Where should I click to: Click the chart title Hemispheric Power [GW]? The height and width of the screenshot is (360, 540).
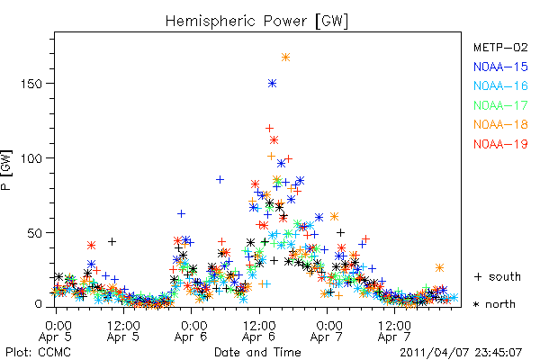256,22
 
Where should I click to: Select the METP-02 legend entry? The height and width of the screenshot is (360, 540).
500,47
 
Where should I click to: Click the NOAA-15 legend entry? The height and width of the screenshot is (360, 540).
500,67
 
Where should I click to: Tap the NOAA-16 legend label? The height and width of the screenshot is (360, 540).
500,85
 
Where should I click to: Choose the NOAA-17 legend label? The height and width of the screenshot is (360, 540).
500,105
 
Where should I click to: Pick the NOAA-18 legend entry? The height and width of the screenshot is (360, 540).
500,124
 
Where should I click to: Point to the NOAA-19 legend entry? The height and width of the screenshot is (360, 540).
500,144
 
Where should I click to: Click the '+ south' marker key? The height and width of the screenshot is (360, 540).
498,276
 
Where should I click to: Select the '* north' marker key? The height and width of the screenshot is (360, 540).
494,304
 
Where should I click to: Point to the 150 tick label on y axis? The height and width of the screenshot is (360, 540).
31,84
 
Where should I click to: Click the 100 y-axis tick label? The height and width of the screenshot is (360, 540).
31,158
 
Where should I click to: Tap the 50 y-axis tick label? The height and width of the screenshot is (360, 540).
35,233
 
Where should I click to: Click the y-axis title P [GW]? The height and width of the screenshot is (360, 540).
6,170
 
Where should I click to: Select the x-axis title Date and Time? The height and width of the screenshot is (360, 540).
257,353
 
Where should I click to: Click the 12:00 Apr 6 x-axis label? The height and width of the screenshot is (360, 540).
259,331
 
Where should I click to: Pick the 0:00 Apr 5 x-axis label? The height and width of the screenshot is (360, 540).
56,331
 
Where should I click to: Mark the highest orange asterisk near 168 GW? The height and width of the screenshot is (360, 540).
285,58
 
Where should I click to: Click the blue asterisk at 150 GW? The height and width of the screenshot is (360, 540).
273,84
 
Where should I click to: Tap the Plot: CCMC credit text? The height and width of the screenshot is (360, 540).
38,353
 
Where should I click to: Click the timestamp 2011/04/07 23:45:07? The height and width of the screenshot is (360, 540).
461,353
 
